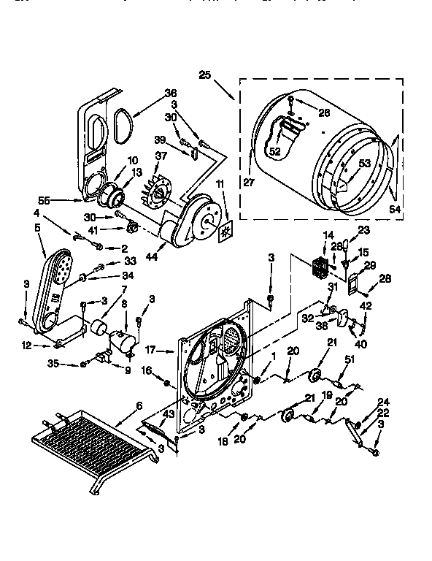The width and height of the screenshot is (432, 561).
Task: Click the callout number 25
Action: coord(204,75)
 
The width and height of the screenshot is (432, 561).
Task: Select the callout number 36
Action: coord(171,93)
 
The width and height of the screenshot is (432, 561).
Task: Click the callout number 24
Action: coord(384,400)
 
